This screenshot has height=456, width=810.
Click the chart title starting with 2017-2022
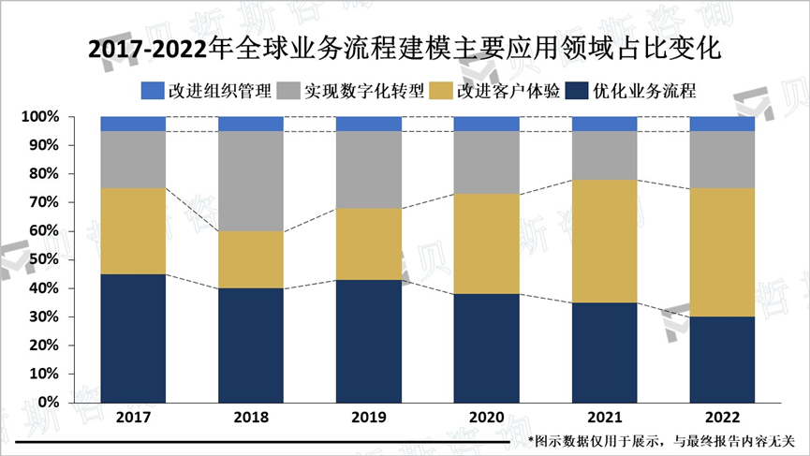coord(405,48)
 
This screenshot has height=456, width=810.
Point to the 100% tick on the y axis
coord(40,117)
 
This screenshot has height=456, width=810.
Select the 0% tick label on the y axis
coord(48,402)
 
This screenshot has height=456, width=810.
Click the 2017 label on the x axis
coord(133,417)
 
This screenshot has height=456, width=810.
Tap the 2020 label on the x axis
coord(486,417)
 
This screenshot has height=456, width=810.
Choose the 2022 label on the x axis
coord(722,417)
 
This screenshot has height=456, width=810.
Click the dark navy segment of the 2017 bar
coord(133,337)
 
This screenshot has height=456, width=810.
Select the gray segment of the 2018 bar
coord(251,181)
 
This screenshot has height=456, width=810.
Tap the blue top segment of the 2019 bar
coord(369,124)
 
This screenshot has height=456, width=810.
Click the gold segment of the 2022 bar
coord(722,252)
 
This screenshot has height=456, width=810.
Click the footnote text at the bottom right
coord(661,440)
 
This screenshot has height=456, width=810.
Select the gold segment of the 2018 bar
coord(251,259)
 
